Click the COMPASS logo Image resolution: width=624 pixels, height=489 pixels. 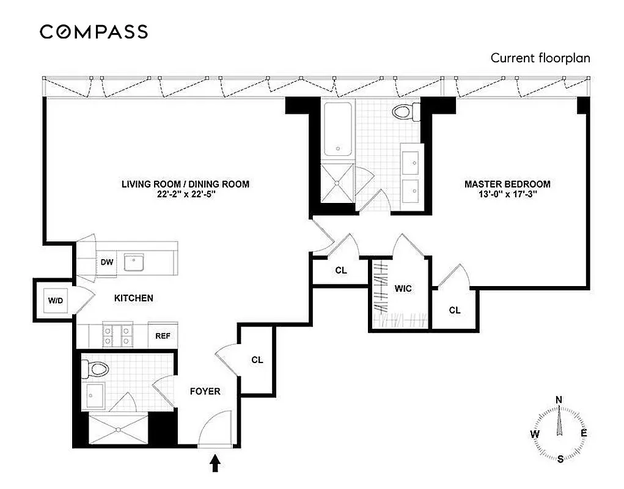[94, 32]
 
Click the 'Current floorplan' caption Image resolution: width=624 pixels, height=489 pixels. [540, 58]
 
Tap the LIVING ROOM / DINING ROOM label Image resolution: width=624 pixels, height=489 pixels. [185, 184]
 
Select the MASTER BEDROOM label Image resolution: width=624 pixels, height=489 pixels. [507, 184]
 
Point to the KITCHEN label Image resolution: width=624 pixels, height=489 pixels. [134, 298]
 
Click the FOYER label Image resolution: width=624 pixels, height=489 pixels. [205, 391]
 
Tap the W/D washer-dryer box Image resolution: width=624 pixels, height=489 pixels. [55, 300]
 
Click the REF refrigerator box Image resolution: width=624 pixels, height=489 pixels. [163, 336]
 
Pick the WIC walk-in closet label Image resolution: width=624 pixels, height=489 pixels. [402, 288]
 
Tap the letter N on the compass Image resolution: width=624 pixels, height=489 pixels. [558, 400]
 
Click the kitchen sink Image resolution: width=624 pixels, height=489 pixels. [134, 262]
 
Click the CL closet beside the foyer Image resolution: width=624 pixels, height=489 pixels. [257, 360]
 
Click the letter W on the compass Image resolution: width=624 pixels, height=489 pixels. [535, 433]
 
